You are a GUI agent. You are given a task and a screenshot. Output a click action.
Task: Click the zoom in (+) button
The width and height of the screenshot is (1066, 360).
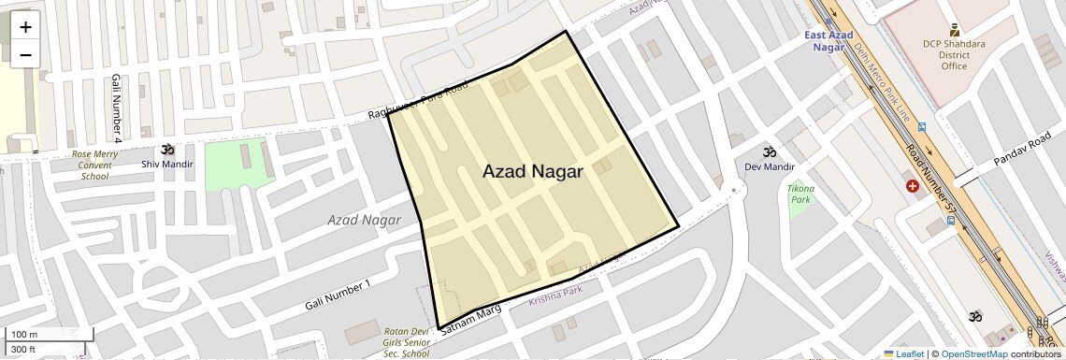click(x=25, y=27)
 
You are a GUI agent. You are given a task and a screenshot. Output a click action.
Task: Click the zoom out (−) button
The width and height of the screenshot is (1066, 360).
click(x=25, y=54)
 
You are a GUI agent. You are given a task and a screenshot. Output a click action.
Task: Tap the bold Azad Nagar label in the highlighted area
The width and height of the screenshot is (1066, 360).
click(x=533, y=172)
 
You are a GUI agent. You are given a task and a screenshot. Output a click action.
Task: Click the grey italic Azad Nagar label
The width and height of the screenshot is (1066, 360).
click(x=364, y=220)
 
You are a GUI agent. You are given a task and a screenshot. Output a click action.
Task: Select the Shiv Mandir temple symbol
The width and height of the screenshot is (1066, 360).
click(x=167, y=150)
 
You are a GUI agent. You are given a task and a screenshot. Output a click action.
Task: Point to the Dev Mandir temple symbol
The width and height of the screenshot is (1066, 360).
click(x=769, y=152)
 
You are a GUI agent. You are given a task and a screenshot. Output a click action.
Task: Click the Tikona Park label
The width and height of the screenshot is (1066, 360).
click(x=800, y=194)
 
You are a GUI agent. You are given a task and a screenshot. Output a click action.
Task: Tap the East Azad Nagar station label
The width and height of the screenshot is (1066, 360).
click(x=828, y=41)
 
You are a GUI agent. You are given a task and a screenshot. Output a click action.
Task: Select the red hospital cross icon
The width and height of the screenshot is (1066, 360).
click(x=912, y=186)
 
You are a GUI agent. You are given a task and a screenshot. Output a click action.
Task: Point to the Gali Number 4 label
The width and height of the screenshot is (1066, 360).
click(x=117, y=108)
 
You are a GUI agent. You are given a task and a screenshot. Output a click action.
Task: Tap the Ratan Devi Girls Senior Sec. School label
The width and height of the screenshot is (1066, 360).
click(x=407, y=341)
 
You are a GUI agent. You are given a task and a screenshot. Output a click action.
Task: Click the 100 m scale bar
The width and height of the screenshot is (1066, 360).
click(x=24, y=335)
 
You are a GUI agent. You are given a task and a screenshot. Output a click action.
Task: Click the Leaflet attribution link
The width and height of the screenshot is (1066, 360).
click(x=903, y=353)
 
